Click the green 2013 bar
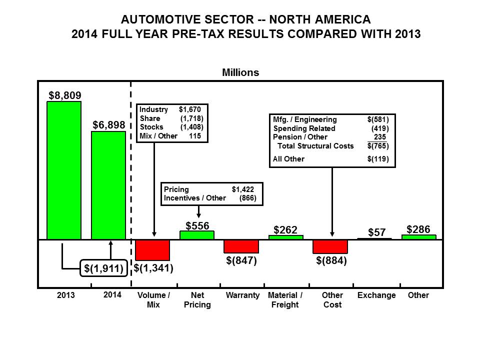point(63,170)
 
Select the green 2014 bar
point(108,185)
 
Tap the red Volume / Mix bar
point(152,250)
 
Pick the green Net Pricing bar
point(197,235)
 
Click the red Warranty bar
point(241,246)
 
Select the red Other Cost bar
point(330,246)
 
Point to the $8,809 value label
point(64,94)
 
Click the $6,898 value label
point(108,125)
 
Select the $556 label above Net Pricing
point(197,225)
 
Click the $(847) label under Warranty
point(241,260)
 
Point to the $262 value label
point(285,230)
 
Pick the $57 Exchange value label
point(376,232)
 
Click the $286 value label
point(418,229)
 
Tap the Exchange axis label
point(376,295)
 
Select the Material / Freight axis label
point(285,300)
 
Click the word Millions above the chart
point(240,72)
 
